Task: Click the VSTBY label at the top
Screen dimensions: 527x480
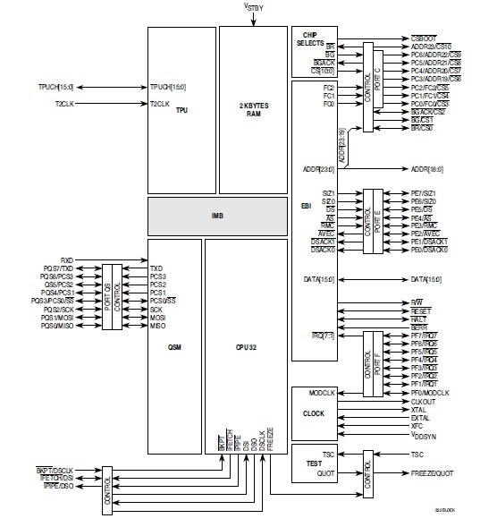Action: tap(254, 7)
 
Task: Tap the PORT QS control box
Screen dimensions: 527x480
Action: tap(112, 296)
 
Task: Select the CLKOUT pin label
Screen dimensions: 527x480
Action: tap(425, 402)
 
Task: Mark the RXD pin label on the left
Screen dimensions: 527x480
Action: tap(67, 259)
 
